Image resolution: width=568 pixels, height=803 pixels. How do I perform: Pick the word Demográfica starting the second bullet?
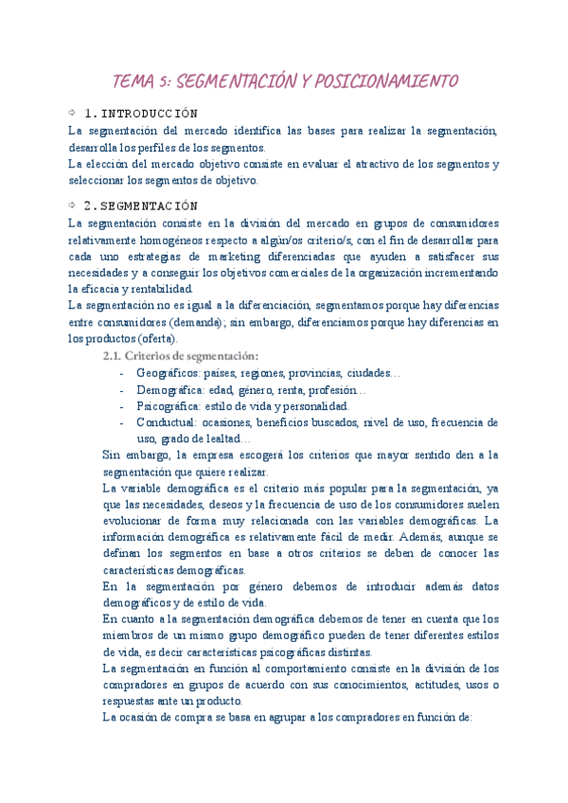pyautogui.click(x=171, y=390)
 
